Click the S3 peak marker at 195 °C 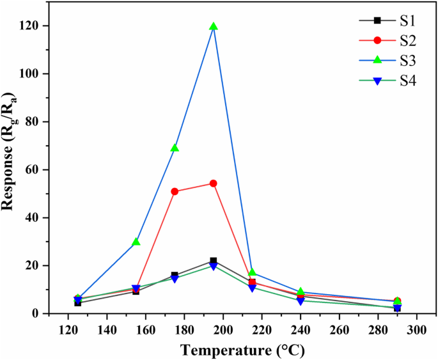[x=214, y=27]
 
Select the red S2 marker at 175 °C [x=175, y=191]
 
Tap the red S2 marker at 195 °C [x=214, y=183]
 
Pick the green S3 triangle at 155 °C [x=136, y=242]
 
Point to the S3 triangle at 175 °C [x=175, y=148]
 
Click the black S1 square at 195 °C [x=214, y=261]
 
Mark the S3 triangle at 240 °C [x=301, y=292]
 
